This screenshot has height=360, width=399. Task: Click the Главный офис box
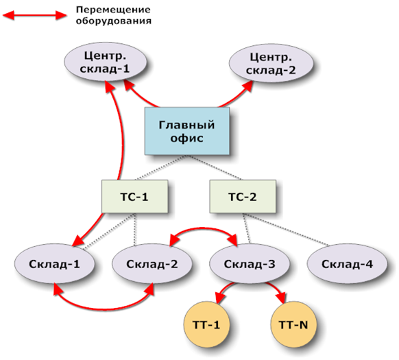pos(187,131)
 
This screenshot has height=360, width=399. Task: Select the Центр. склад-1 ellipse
pos(105,62)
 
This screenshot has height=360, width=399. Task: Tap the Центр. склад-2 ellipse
pos(271,63)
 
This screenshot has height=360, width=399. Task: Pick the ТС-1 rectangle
pos(134,196)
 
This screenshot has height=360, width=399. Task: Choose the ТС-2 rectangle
pos(243,196)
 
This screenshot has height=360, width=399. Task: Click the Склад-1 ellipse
pos(54,264)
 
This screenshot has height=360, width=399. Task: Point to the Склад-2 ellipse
pos(152,264)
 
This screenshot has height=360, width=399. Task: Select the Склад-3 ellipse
pos(250,264)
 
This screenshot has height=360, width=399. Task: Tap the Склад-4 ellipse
pos(347,264)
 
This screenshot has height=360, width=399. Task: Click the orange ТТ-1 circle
pos(206,324)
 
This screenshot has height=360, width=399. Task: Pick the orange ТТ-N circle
pos(293,324)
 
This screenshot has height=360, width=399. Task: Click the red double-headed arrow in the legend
pos(34,15)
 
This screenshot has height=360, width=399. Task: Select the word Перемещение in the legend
pos(113,10)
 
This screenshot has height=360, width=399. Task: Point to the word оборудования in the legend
pos(114,21)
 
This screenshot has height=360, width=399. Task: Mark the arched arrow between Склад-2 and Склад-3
pos(204,229)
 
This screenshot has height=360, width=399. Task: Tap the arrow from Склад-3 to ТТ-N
pos(276,289)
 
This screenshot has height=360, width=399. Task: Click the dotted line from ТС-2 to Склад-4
pos(287,230)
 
